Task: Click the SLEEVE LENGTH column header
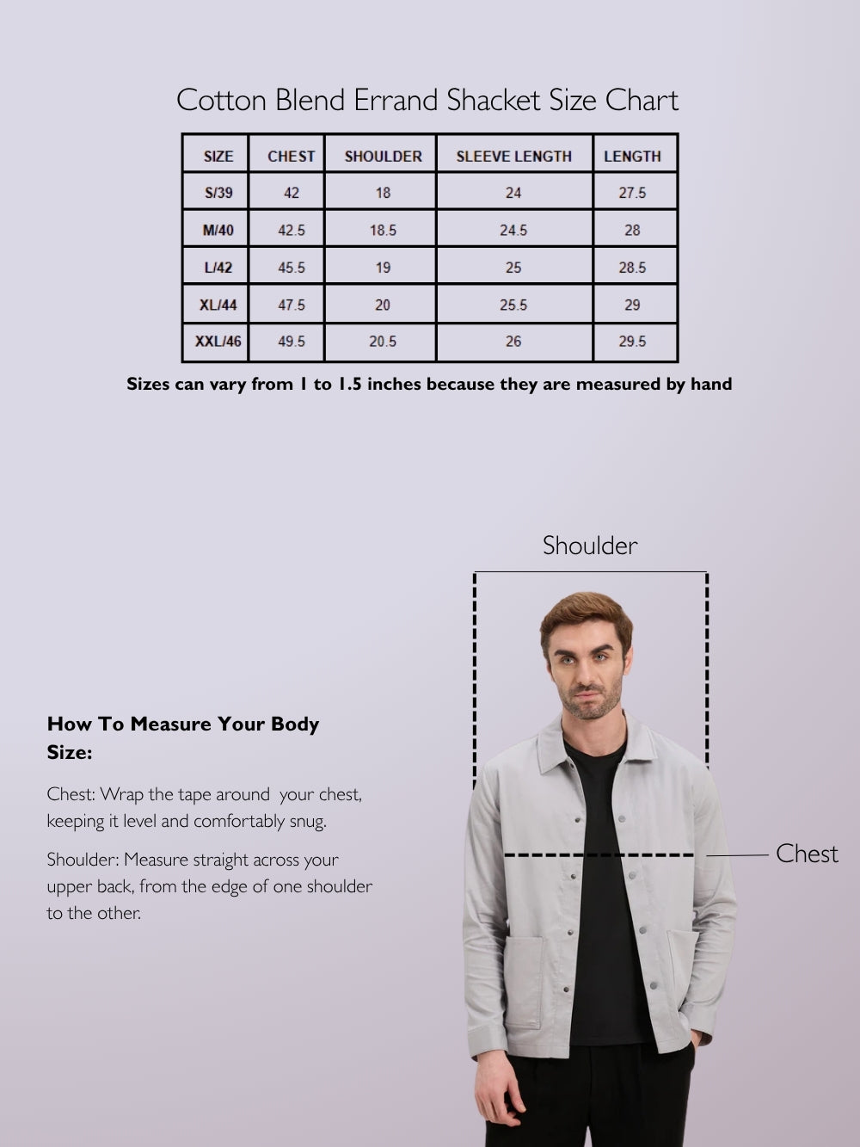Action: pyautogui.click(x=513, y=156)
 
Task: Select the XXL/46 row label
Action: pyautogui.click(x=218, y=342)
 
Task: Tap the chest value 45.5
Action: pyautogui.click(x=292, y=268)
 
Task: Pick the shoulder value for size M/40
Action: pyautogui.click(x=383, y=230)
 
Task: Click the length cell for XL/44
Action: pyautogui.click(x=632, y=305)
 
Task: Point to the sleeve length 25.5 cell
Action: pyautogui.click(x=513, y=305)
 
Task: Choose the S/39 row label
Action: pyautogui.click(x=218, y=193)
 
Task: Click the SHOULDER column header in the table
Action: pyautogui.click(x=383, y=156)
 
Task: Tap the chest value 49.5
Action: pyautogui.click(x=292, y=342)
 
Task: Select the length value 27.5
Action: pyautogui.click(x=632, y=193)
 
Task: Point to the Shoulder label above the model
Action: pyautogui.click(x=590, y=546)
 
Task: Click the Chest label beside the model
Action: pyautogui.click(x=806, y=854)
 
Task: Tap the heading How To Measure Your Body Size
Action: pyautogui.click(x=182, y=737)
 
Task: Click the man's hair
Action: pyautogui.click(x=585, y=612)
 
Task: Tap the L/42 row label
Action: pyautogui.click(x=218, y=268)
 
